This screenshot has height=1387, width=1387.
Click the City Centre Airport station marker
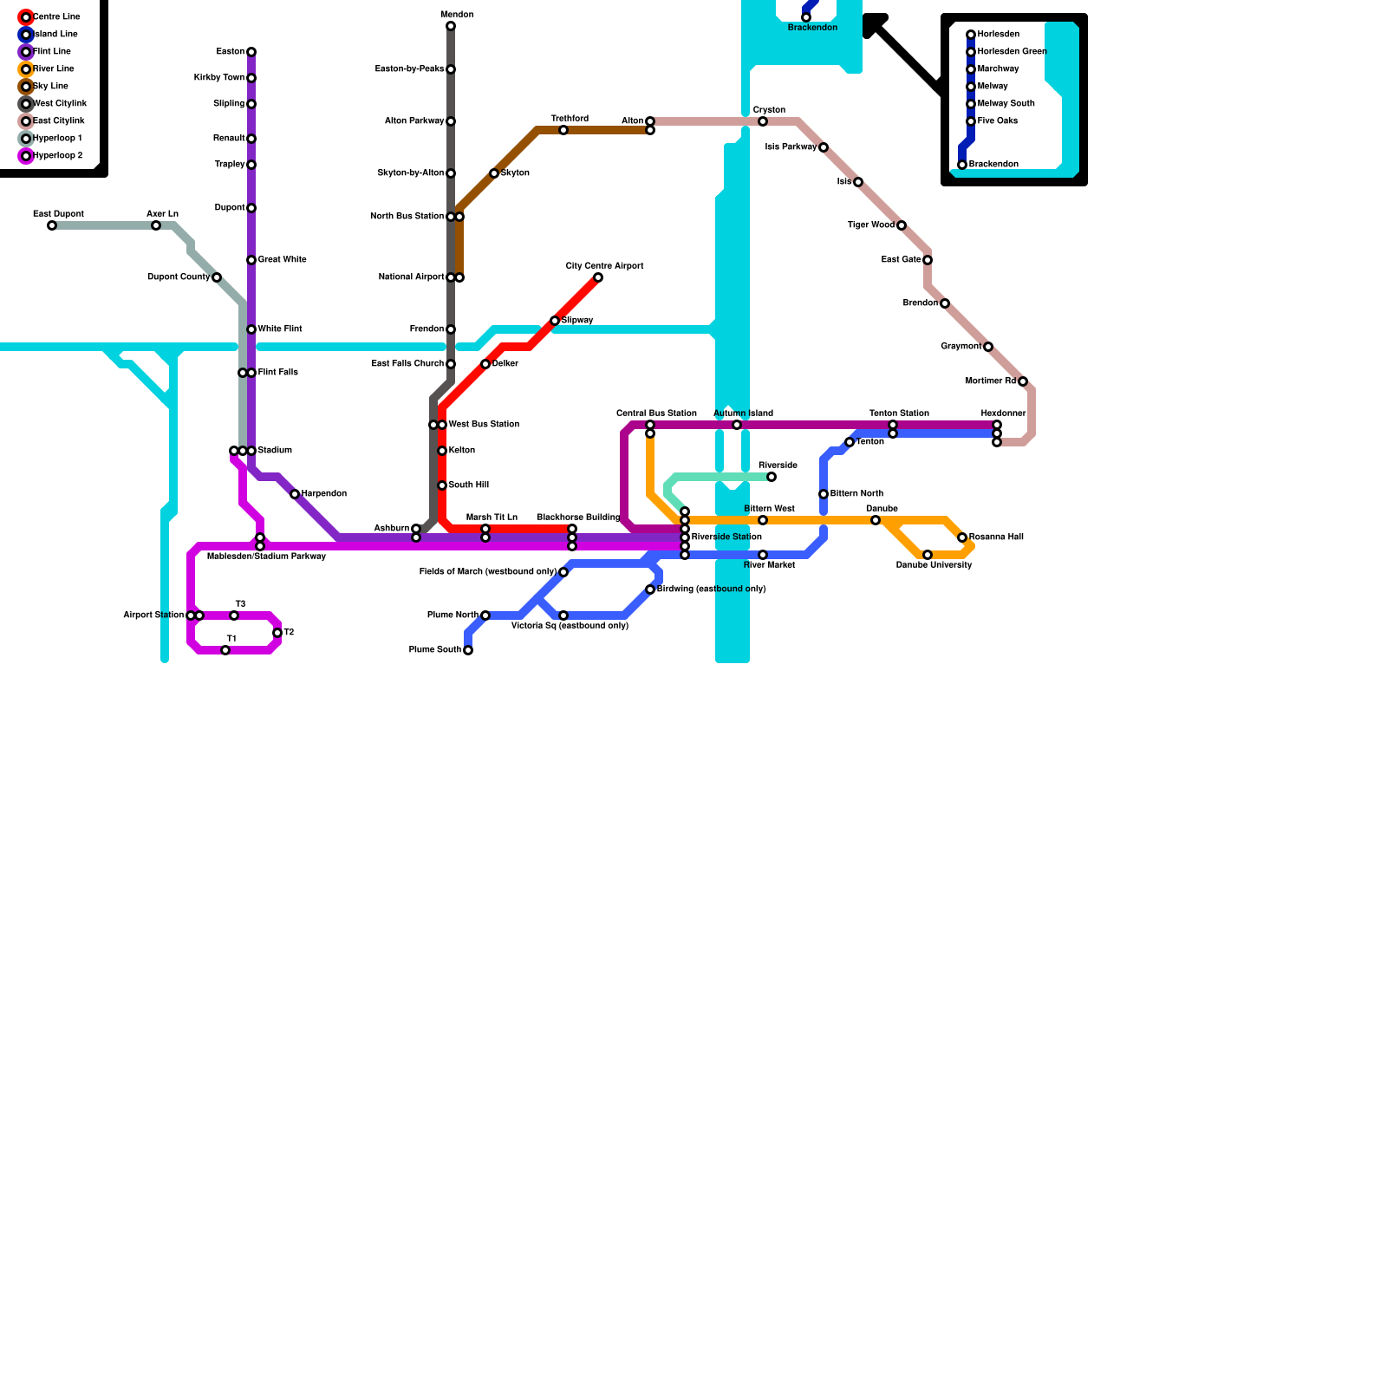(598, 277)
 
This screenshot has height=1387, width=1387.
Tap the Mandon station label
(457, 15)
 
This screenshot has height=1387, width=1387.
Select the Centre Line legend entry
(55, 17)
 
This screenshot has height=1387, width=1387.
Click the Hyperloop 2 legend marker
(26, 156)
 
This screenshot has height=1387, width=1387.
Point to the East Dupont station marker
(52, 225)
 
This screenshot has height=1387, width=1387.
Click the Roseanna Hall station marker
(962, 537)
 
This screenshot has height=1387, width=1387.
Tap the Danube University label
(934, 565)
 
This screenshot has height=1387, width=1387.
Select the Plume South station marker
(468, 650)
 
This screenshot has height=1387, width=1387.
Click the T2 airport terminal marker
(277, 633)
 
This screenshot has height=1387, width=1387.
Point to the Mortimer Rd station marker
(1023, 381)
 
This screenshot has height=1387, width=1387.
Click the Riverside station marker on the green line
(772, 477)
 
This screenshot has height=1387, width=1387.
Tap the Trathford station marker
(563, 130)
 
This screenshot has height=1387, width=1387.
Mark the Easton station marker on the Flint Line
(251, 52)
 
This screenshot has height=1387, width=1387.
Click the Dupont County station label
(178, 277)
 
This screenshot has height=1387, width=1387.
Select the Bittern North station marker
(824, 494)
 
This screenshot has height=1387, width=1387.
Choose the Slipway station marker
(555, 321)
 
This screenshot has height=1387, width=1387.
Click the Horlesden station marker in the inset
(971, 35)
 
